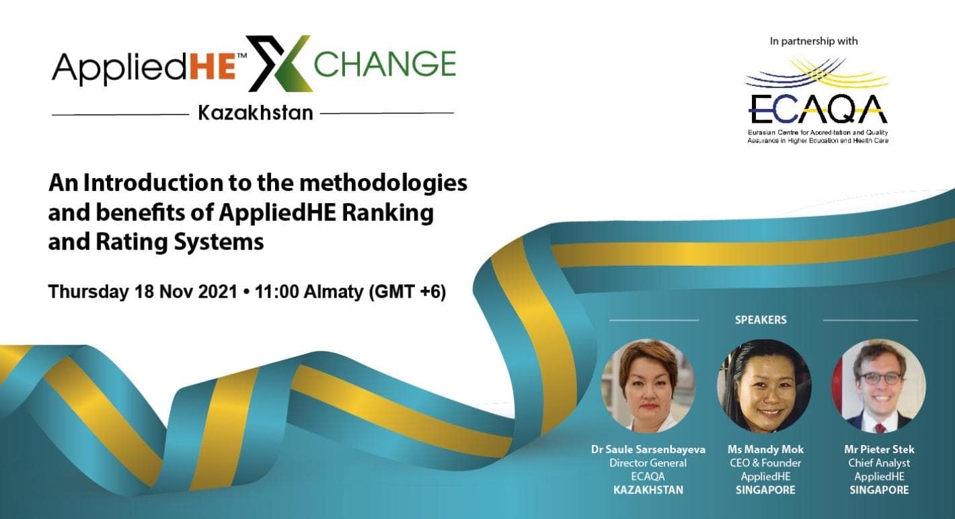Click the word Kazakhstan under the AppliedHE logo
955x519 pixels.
click(x=256, y=113)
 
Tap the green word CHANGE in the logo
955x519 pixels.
click(x=385, y=64)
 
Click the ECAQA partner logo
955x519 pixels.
click(x=817, y=101)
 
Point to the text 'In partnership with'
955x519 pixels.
click(x=814, y=41)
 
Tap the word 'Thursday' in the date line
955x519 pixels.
click(x=87, y=292)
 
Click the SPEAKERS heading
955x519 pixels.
click(x=761, y=320)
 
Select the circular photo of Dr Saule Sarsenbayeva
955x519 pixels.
click(x=648, y=386)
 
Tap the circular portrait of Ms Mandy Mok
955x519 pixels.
click(x=765, y=386)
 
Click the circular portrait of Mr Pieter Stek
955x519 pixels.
click(x=879, y=386)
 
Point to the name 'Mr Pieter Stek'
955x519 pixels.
click(x=879, y=449)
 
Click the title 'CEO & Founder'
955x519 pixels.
click(x=765, y=463)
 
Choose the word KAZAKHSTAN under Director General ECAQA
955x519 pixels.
click(x=648, y=490)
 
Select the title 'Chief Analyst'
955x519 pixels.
click(x=879, y=463)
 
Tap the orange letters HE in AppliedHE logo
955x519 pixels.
click(x=213, y=68)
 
